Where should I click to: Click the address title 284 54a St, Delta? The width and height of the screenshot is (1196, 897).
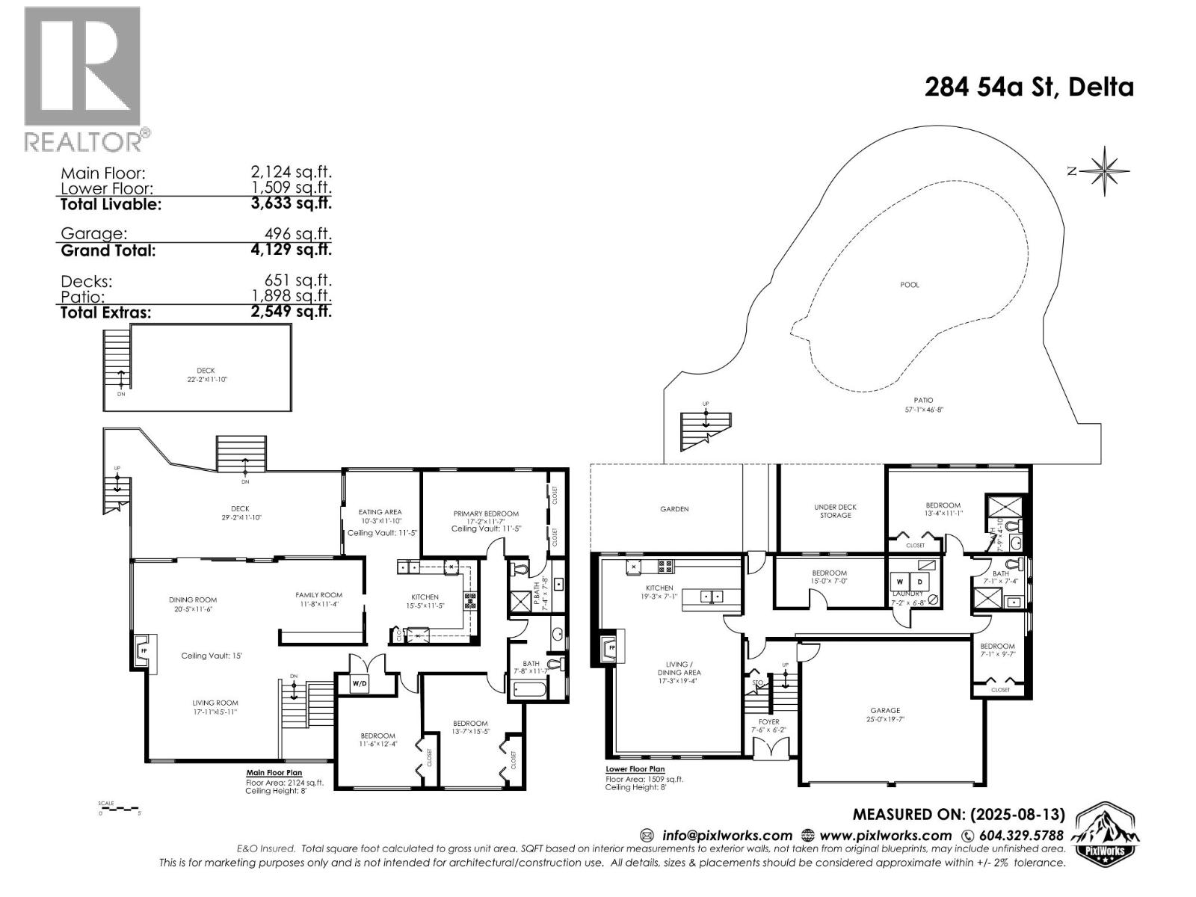click(x=1029, y=87)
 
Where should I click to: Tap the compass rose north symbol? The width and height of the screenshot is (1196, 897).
click(x=1103, y=171)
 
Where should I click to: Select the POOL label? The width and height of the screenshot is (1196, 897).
click(x=909, y=285)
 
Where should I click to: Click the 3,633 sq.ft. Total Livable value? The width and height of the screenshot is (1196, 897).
click(x=292, y=203)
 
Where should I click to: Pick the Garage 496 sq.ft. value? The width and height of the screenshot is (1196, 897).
click(x=295, y=234)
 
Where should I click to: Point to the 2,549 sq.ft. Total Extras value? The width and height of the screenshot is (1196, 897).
click(x=292, y=312)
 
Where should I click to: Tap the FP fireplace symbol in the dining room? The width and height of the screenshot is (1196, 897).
click(x=143, y=650)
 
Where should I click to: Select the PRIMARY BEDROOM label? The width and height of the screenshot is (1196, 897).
click(x=486, y=514)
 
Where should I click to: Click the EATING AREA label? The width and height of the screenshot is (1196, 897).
click(x=380, y=512)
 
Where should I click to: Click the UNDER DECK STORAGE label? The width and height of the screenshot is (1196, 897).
click(x=835, y=511)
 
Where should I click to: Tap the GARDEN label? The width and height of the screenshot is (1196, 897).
click(x=673, y=509)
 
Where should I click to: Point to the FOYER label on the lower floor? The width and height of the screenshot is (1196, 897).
click(x=768, y=722)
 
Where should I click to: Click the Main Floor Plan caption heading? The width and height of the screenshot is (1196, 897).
click(x=274, y=773)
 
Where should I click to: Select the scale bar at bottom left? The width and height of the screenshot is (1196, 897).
click(x=118, y=809)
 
